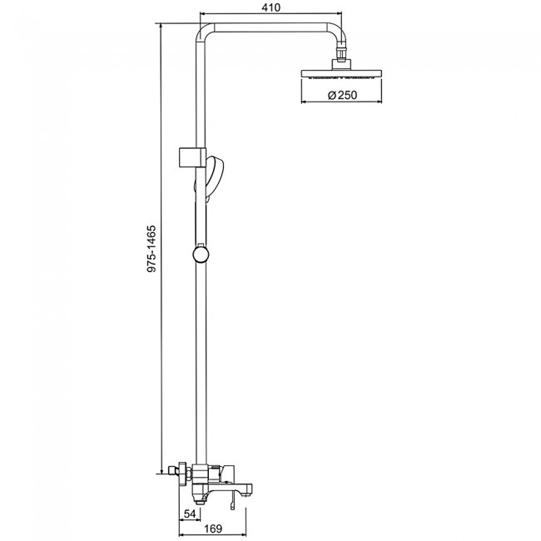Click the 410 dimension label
pos(270,7)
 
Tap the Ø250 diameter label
pos(342,95)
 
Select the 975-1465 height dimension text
pos(151,249)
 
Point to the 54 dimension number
pos(190,514)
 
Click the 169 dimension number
pos(213,529)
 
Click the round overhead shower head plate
pos(341,74)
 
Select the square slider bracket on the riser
pos(192,158)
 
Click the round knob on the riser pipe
pos(201,255)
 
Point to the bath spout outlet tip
pos(249,489)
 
